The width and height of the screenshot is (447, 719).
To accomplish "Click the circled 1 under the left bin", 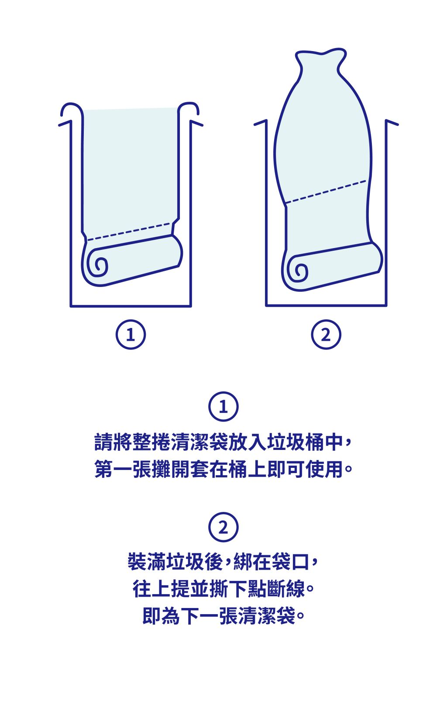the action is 131,335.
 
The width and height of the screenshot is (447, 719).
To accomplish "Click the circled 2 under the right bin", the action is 326,335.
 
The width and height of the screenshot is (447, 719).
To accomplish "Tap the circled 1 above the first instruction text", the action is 223,406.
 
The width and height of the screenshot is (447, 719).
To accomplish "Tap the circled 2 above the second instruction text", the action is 223,527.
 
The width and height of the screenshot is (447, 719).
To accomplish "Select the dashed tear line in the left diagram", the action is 129,232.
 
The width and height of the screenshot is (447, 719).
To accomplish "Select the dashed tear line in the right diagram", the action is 326,192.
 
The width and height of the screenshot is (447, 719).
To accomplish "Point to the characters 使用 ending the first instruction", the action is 324,469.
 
